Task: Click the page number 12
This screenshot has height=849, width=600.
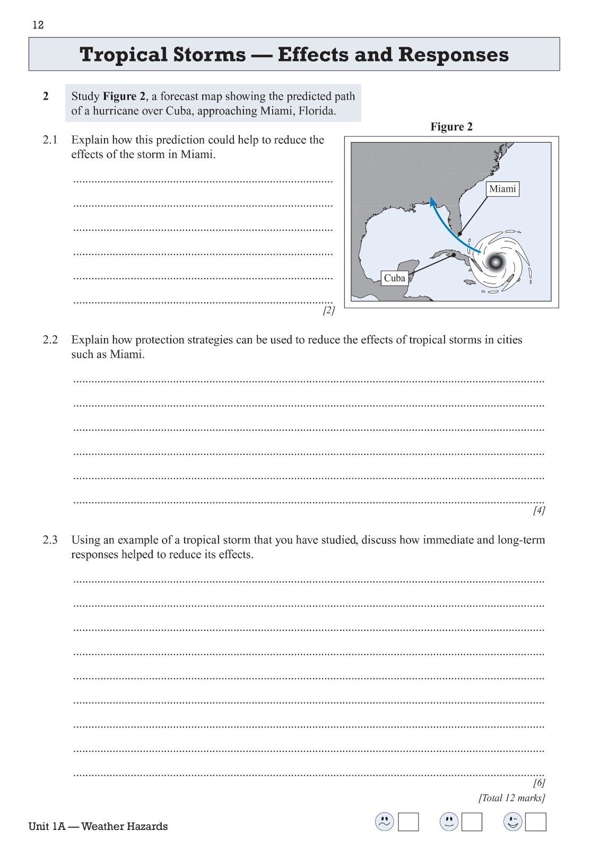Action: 38,25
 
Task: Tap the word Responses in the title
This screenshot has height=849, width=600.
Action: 453,54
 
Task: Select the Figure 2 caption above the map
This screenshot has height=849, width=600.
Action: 451,127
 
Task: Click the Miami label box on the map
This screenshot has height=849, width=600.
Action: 502,189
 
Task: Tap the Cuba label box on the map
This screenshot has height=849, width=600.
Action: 394,278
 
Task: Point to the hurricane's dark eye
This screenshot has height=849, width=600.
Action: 497,261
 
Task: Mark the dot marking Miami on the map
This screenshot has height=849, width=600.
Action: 460,233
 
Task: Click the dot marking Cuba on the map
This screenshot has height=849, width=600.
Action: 454,255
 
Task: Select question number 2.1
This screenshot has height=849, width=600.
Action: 50,140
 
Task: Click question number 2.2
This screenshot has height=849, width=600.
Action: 50,340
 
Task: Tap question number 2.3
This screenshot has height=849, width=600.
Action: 50,540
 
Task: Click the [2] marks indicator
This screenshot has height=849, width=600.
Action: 328,311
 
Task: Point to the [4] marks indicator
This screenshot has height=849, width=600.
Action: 539,510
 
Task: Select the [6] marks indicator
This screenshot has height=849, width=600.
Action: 539,783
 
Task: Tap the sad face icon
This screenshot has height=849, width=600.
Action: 384,822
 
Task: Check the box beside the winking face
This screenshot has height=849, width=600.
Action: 536,822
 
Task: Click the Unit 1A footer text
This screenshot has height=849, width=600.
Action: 98,826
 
